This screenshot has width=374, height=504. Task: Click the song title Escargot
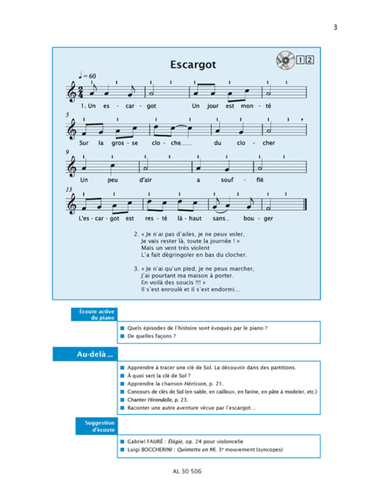193,64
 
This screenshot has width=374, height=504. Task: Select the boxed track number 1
301,61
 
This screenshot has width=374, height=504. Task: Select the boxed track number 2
310,61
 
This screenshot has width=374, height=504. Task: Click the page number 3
335,28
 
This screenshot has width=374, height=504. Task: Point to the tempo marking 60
92,75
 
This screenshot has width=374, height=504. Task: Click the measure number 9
67,152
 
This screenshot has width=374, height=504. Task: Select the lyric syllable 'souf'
228,180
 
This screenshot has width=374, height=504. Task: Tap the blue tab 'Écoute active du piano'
93,315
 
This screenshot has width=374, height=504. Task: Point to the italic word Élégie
173,441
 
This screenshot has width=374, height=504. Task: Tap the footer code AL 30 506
187,471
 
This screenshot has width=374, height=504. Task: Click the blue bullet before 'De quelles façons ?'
122,336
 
